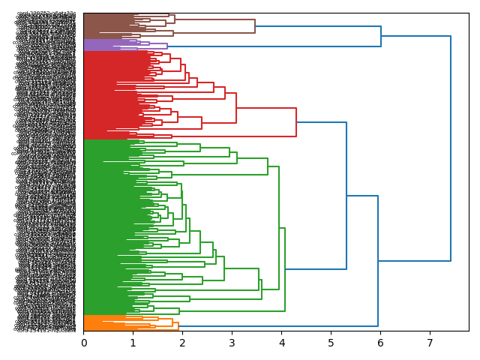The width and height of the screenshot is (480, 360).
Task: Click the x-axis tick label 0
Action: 84,343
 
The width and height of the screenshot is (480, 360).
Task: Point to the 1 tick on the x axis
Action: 133,343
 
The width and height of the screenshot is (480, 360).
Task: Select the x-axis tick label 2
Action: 183,343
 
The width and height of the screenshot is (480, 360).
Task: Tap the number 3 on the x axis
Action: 232,343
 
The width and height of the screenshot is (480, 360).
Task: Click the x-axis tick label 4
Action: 281,343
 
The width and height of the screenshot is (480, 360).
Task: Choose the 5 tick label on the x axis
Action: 331,343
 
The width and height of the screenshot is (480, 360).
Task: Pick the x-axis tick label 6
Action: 380,343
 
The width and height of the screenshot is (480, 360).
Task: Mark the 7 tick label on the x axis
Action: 430,343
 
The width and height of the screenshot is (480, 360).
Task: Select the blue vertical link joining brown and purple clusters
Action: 381,36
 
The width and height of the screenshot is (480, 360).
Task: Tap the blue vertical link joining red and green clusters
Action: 346,195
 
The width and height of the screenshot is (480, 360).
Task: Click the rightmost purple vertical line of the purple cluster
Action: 167,46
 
